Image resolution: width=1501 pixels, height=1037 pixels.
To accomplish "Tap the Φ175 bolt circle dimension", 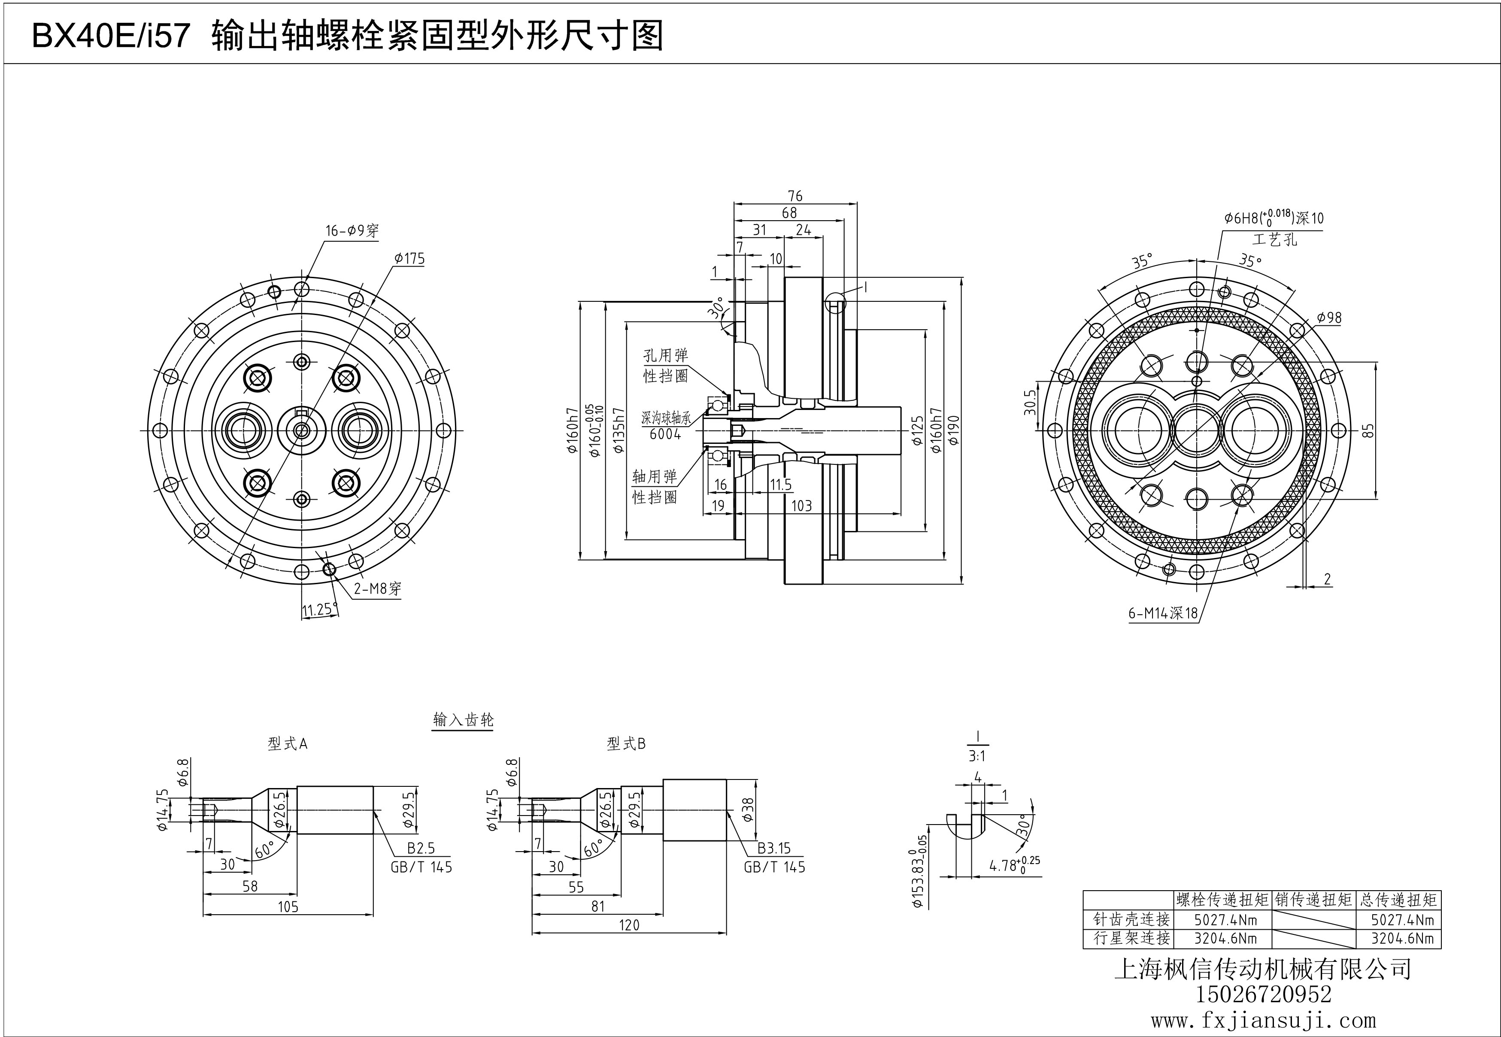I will [409, 258].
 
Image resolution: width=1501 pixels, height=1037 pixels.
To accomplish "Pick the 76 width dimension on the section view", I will [794, 196].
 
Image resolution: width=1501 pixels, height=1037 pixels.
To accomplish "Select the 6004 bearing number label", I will [665, 434].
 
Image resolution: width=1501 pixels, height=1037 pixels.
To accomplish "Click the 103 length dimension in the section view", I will [801, 506].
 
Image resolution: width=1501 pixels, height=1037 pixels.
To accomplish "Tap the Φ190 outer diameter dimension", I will [954, 430].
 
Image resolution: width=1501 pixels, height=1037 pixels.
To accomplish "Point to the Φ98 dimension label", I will [1329, 318].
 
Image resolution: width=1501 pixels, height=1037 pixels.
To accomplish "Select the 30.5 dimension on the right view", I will [1029, 402].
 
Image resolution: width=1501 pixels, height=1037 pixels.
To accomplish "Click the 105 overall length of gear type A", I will [288, 907].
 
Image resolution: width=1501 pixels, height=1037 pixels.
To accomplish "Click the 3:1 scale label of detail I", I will [976, 756].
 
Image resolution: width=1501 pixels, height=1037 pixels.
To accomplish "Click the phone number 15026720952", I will [1263, 994].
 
